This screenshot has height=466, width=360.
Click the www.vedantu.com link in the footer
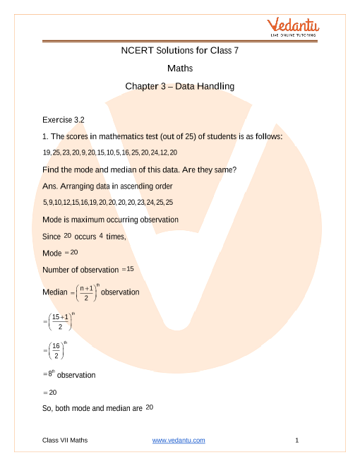(x=179, y=441)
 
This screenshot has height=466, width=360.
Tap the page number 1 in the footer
(x=297, y=441)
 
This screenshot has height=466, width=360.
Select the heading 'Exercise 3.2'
(x=64, y=119)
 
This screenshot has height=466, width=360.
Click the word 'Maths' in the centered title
(x=180, y=68)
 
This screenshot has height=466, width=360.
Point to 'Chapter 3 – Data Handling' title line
(x=179, y=86)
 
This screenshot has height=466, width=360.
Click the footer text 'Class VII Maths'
(x=65, y=441)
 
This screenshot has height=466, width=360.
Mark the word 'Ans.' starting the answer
(x=50, y=186)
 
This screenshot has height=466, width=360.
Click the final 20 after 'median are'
(x=150, y=407)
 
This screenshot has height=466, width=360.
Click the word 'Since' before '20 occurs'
(x=52, y=237)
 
